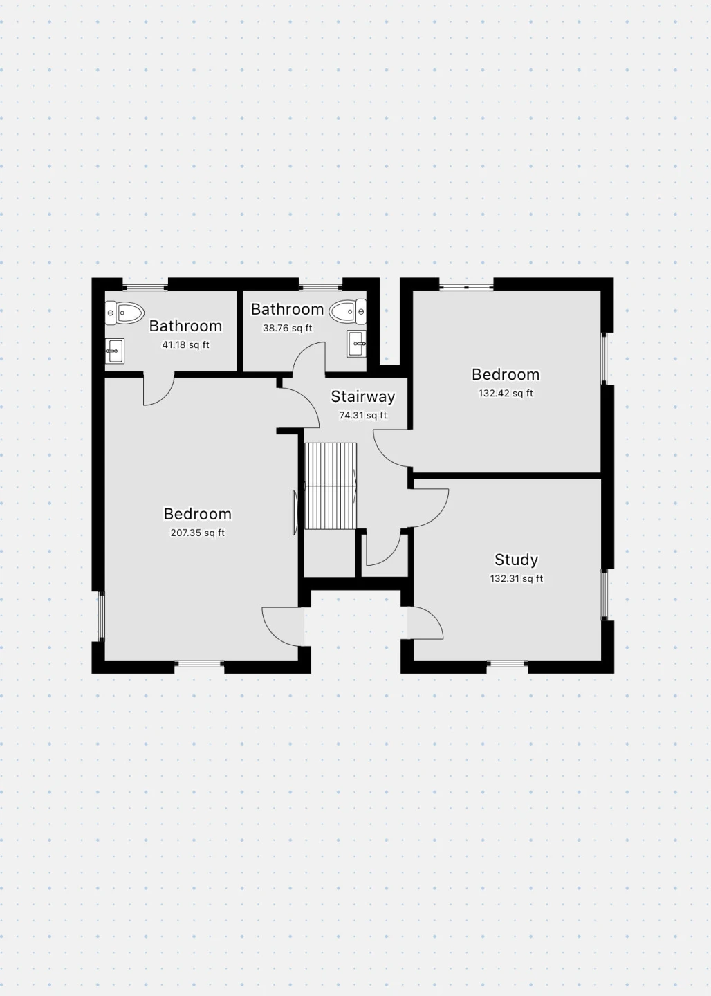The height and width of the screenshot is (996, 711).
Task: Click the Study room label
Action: (x=516, y=560)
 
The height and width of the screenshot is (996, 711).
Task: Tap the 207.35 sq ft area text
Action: (x=197, y=533)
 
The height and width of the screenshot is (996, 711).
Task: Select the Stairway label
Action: (x=363, y=396)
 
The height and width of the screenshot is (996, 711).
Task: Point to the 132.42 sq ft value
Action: (x=506, y=393)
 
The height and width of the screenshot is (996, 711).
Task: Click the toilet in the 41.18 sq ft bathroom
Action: (x=124, y=312)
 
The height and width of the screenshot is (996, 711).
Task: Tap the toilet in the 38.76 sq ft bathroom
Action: (x=348, y=311)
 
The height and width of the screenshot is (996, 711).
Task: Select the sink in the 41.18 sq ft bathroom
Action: (x=114, y=351)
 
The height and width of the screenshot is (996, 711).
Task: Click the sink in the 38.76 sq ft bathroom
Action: (x=357, y=344)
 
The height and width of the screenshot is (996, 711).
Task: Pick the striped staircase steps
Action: (x=331, y=486)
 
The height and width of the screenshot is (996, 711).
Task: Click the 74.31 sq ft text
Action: (x=363, y=415)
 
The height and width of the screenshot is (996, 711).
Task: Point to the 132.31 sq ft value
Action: (x=516, y=578)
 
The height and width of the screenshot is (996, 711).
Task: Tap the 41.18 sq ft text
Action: (x=185, y=344)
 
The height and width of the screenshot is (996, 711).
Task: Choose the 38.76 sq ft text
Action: (x=287, y=328)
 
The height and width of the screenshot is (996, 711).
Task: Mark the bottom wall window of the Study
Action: (x=508, y=665)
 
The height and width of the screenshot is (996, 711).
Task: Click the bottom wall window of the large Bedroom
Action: (x=198, y=664)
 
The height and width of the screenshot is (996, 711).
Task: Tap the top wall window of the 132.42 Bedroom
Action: (x=466, y=287)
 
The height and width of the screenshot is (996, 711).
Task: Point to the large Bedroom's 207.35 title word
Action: (x=197, y=514)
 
